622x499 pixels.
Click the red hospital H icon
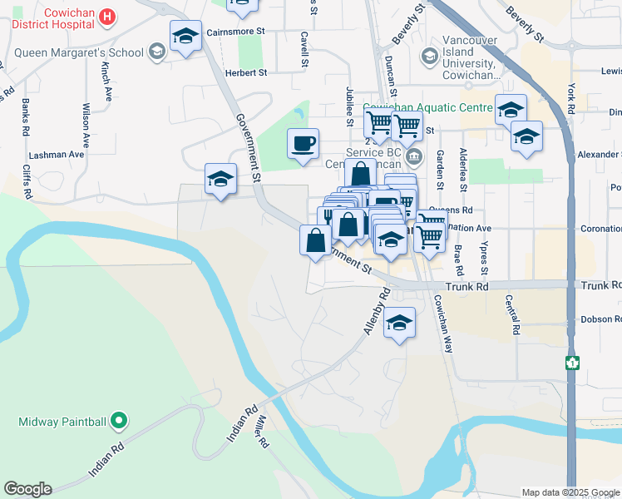[106, 16]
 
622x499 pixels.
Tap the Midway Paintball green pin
[118, 422]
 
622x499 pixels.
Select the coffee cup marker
[303, 143]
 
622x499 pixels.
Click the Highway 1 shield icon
[572, 363]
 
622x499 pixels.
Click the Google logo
[27, 489]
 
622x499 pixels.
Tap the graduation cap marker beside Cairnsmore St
[185, 37]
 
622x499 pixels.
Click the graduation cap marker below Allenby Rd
[399, 323]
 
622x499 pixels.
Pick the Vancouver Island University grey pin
[430, 57]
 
